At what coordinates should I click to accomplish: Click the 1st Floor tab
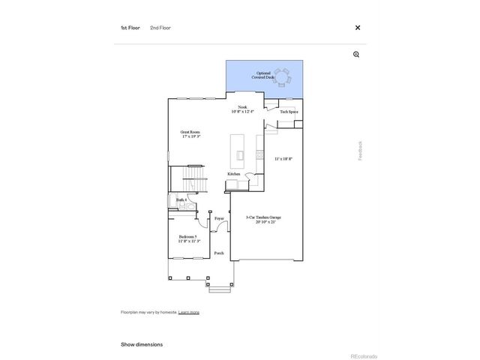pos(130,28)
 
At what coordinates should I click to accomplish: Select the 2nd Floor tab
pos(160,28)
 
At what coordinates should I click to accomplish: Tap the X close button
pos(357,28)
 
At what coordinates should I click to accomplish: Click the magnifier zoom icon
pos(356,55)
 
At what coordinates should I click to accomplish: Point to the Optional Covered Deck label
pos(263,75)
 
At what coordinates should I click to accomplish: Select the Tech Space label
pos(289,112)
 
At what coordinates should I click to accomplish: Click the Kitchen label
pos(234,174)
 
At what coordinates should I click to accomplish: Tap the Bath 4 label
pos(181,200)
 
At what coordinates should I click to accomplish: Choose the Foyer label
pos(219,218)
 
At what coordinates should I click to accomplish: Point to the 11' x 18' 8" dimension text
pos(283,158)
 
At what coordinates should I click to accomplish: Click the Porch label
pos(219,253)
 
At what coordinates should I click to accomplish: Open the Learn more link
pos(189,312)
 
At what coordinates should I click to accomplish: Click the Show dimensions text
pos(142,344)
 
